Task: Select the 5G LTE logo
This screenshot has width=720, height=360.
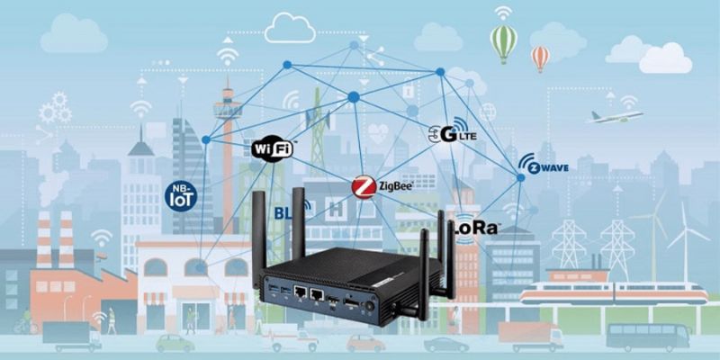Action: [x=452, y=134]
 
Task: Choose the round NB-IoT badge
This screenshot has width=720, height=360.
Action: [x=184, y=195]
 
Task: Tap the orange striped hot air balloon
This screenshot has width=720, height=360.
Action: [x=541, y=58]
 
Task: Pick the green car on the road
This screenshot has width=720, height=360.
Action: [x=175, y=343]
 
